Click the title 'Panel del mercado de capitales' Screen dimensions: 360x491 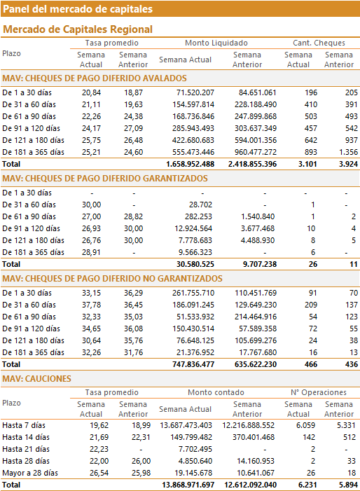coord(78,9)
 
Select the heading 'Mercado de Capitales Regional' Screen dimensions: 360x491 coord(78,29)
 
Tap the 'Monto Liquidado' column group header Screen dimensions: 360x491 coord(216,43)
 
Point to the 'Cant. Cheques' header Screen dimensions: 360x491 coord(319,43)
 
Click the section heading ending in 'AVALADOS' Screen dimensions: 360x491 coord(95,78)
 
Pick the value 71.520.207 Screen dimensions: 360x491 coord(193,92)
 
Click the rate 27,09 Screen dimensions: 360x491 coord(133,128)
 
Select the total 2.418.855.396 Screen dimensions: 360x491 coord(252,164)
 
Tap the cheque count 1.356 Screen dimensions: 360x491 coord(348,152)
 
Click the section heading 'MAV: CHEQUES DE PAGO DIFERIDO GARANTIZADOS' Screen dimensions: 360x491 coord(105,179)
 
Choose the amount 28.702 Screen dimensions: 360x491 coord(200,205)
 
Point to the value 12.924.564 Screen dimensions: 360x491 coord(193,228)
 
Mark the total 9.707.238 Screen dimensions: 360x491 coord(260,264)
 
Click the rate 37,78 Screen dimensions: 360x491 coord(92,305)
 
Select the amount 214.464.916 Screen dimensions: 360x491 coord(256,317)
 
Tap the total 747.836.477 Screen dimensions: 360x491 coord(193,364)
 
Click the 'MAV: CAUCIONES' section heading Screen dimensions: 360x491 coord(36,379)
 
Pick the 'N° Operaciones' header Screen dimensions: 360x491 coord(319,392)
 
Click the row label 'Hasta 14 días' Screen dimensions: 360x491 coord(26,438)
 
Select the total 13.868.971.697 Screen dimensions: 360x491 coord(188,485)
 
